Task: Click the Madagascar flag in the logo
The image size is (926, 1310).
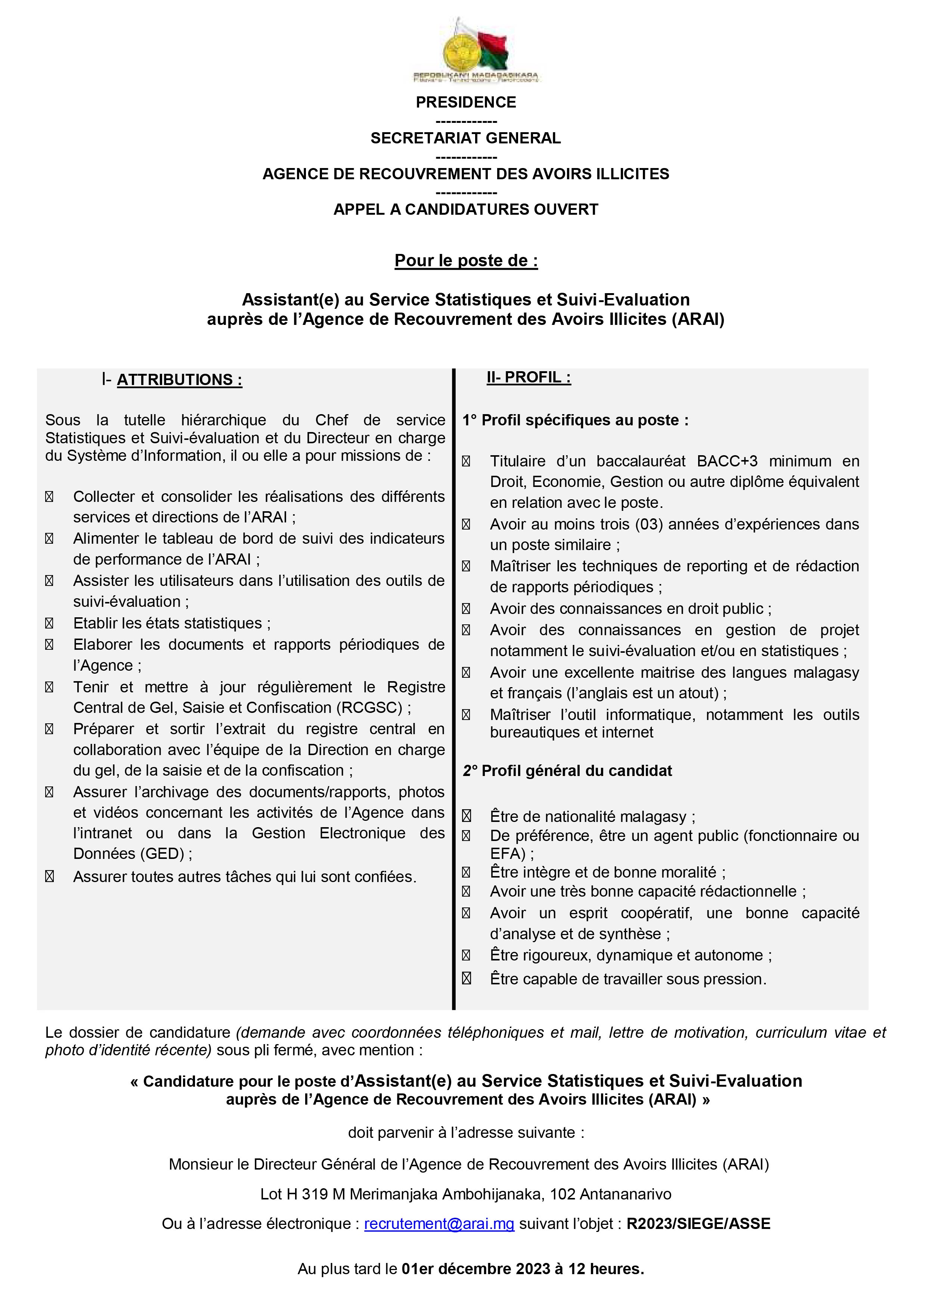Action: click(495, 50)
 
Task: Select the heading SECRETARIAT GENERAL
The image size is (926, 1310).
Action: click(465, 138)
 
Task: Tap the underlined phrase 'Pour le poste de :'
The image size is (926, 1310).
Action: click(465, 261)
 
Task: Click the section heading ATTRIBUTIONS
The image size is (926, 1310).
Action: click(179, 380)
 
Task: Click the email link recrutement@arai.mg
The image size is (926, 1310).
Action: click(439, 1224)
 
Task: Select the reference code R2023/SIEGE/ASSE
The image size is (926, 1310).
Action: click(699, 1224)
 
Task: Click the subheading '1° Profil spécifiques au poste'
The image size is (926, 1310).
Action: click(575, 420)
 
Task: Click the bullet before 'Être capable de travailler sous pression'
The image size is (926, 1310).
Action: click(466, 979)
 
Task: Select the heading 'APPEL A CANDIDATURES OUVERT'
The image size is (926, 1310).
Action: click(465, 210)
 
